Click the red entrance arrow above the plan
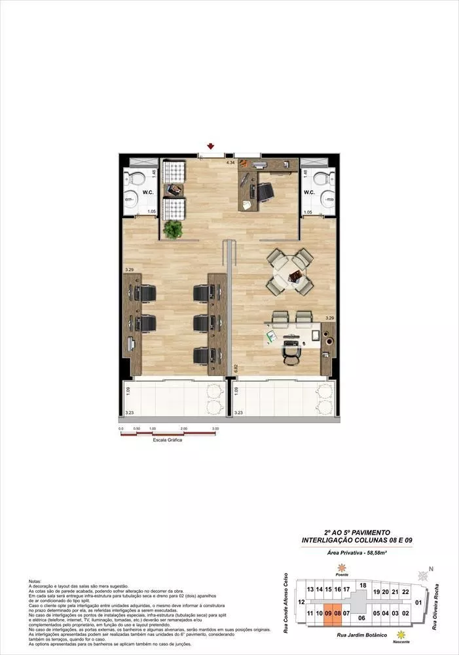pyautogui.click(x=211, y=146)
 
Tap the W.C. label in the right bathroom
pyautogui.click(x=309, y=193)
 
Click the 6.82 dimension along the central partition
pyautogui.click(x=234, y=368)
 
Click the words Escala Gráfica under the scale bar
pyautogui.click(x=167, y=440)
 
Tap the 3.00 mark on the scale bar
pyautogui.click(x=215, y=429)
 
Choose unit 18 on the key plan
pyautogui.click(x=362, y=585)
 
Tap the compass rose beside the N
pyautogui.click(x=424, y=576)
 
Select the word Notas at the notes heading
pyautogui.click(x=35, y=581)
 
